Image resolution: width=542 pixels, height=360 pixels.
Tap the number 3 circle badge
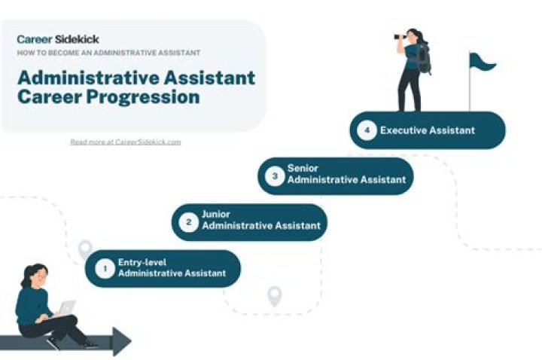point(275,175)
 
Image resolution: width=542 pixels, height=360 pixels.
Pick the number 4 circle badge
point(367,130)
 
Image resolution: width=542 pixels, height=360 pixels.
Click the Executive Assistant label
point(428,130)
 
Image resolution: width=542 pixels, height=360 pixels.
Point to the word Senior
point(302,168)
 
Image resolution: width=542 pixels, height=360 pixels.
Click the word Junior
point(216,214)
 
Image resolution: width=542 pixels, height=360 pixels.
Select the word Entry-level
point(142,261)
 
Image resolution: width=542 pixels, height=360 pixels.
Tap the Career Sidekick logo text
point(58,39)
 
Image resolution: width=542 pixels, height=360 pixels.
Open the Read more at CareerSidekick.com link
point(125,142)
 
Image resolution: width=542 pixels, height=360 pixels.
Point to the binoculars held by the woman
point(399,37)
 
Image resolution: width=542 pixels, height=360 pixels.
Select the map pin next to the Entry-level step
point(85,249)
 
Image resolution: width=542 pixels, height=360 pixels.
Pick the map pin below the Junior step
point(274,296)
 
